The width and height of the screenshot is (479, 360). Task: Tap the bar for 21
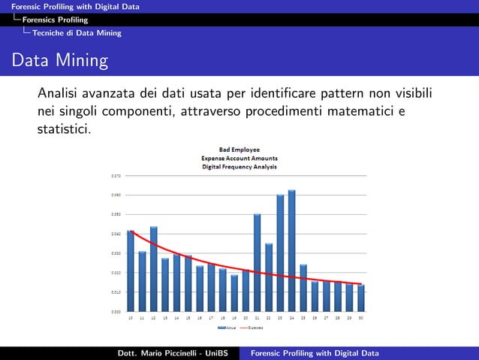tap(257, 263)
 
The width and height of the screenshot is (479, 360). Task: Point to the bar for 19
tap(234, 293)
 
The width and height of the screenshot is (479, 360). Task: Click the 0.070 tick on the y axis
tap(116, 176)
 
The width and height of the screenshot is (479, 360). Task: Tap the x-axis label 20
tap(246, 318)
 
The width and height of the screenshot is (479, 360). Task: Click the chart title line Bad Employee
tap(239, 151)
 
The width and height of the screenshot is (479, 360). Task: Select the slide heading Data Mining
tap(59, 60)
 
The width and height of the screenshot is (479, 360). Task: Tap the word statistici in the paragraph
tap(65, 129)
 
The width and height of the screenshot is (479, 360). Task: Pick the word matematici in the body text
tap(353, 112)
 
